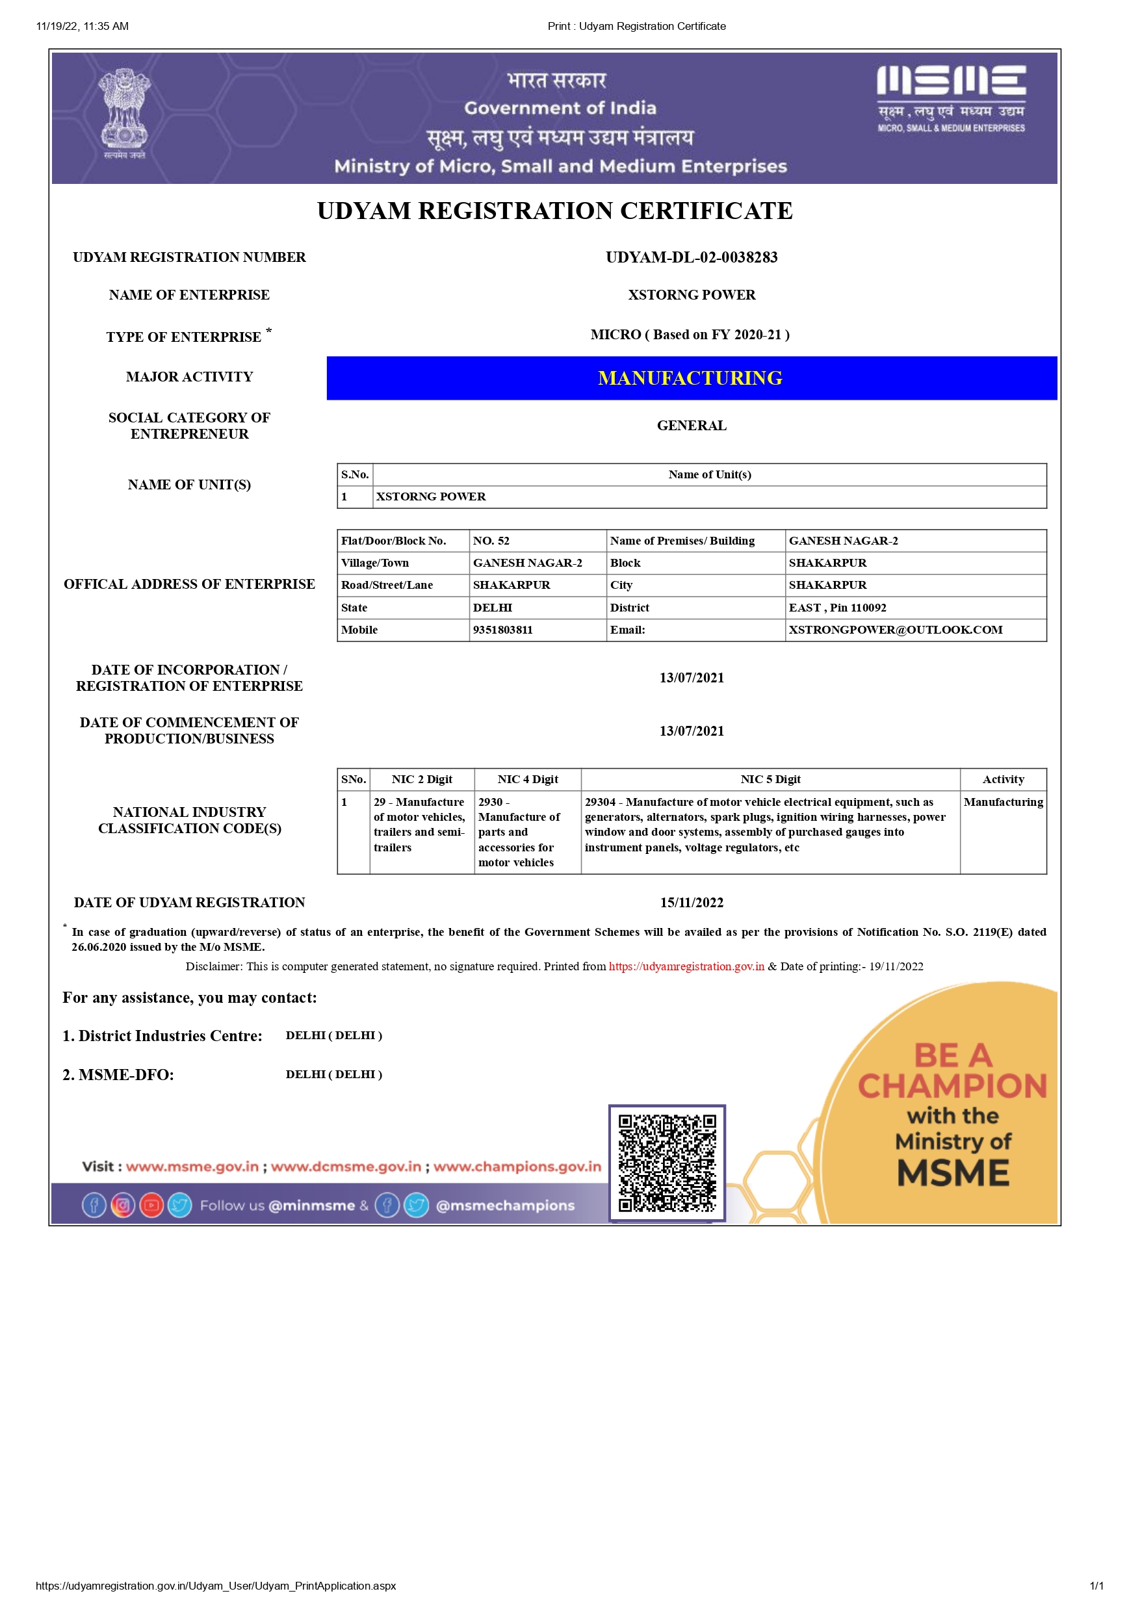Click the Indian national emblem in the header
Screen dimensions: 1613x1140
124,112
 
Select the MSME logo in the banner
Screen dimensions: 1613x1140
951,98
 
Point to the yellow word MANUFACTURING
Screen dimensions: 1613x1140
690,378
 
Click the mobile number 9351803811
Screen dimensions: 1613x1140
503,630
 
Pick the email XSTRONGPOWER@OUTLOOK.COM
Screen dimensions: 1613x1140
895,630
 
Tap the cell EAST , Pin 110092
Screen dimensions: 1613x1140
837,607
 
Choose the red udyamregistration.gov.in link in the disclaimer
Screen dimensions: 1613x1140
686,966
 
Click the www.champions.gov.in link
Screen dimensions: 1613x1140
517,1166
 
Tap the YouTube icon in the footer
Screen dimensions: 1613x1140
151,1205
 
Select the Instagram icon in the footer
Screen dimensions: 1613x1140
123,1205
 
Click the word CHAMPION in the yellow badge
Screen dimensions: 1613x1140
952,1086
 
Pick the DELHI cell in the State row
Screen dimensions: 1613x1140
493,607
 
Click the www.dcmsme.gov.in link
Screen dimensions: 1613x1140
346,1166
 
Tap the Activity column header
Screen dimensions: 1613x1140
1002,779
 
